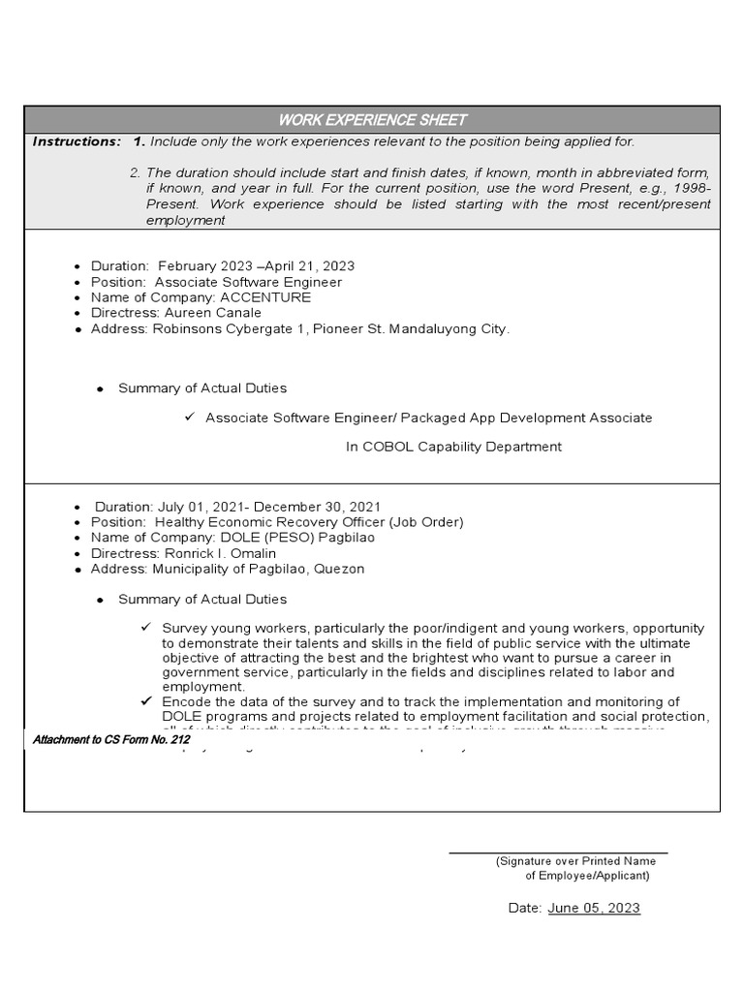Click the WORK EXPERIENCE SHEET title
click(372, 120)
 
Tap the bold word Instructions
click(77, 141)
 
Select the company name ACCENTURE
click(265, 297)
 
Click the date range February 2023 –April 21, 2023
click(256, 265)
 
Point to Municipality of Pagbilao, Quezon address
click(257, 569)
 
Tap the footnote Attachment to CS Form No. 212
click(111, 740)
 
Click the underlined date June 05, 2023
click(593, 908)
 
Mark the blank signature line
click(557, 852)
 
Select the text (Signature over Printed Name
click(581, 861)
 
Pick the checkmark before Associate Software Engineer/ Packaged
click(190, 417)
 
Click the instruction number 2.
click(135, 172)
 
